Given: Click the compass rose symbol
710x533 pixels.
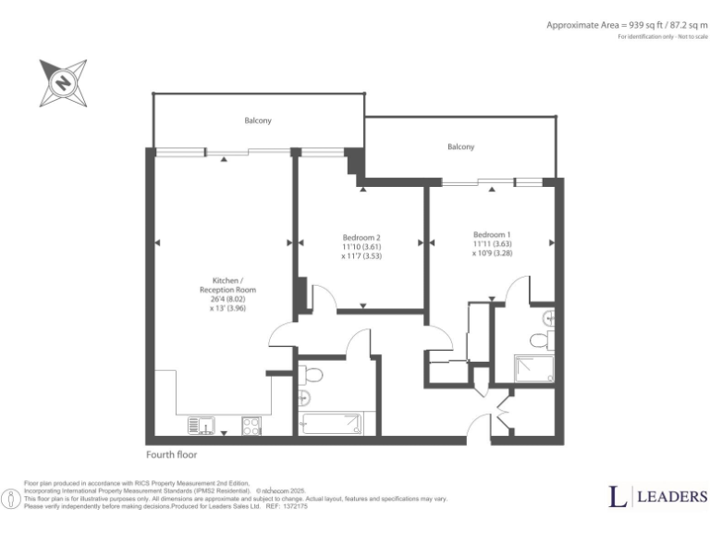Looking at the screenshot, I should pyautogui.click(x=64, y=82).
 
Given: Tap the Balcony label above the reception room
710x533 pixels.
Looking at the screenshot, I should pyautogui.click(x=258, y=121).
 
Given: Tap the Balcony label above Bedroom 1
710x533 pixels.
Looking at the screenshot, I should pyautogui.click(x=460, y=147).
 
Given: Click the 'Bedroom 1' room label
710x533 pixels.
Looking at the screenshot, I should pyautogui.click(x=492, y=234).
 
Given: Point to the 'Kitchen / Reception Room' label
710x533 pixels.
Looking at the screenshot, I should pyautogui.click(x=227, y=285).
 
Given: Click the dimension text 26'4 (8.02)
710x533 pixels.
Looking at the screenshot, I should pyautogui.click(x=227, y=299).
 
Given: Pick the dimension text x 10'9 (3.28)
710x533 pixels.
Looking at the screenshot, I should pyautogui.click(x=492, y=253).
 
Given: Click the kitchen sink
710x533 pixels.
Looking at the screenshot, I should pyautogui.click(x=202, y=426).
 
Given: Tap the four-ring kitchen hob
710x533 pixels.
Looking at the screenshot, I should pyautogui.click(x=251, y=426).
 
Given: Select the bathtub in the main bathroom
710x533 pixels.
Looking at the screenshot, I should pyautogui.click(x=332, y=425).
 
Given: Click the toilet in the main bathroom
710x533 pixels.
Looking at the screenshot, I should pyautogui.click(x=311, y=375).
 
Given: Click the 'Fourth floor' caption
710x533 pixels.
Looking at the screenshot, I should pyautogui.click(x=172, y=455).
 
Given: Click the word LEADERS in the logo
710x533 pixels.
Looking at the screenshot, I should pyautogui.click(x=671, y=497).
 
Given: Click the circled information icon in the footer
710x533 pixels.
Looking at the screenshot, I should pyautogui.click(x=12, y=499).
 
